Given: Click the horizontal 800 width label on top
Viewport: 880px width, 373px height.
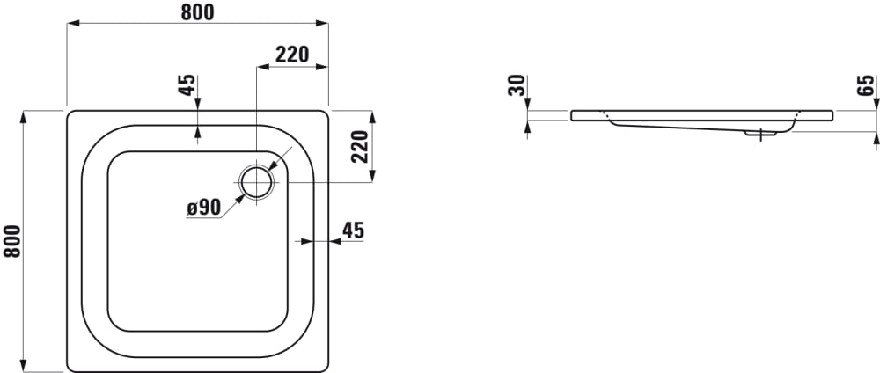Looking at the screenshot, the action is tap(197, 11).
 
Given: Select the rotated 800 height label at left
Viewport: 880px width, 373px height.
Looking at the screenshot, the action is tap(12, 241).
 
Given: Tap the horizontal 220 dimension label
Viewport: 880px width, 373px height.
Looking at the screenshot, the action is tap(292, 55).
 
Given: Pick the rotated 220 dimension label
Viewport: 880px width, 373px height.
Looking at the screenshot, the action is tap(360, 146).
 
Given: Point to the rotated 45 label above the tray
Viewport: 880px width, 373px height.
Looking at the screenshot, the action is tap(187, 84).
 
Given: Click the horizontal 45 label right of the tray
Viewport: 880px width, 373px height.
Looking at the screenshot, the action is tap(353, 230).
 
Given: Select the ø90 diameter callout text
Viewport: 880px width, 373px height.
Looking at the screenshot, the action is tap(204, 208).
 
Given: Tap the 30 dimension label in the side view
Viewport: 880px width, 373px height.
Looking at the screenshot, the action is tap(517, 85).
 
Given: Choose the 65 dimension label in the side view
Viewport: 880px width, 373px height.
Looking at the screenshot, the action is tap(866, 85).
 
